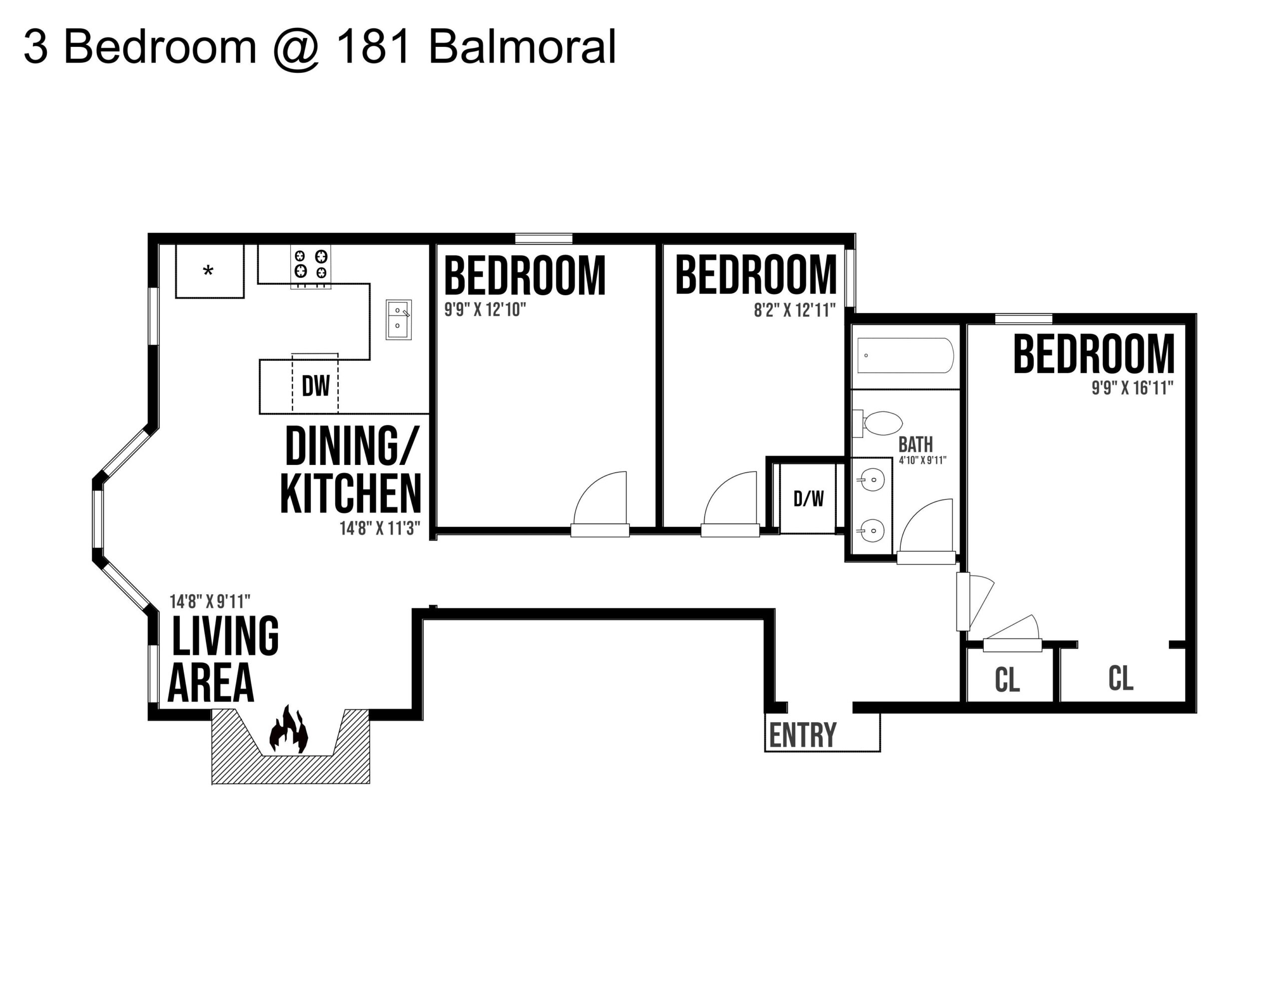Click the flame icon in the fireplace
tap(288, 730)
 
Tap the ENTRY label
tap(802, 736)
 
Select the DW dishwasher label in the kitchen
tap(316, 386)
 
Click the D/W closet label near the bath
tap(808, 499)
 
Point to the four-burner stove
tap(311, 264)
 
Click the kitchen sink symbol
tap(398, 319)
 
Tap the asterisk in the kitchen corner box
tap(208, 271)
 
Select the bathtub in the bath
tap(905, 356)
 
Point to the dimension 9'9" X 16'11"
tap(1132, 388)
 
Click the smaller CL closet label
tap(1007, 680)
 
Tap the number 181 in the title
tap(373, 47)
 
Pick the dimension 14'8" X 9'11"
tap(210, 601)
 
